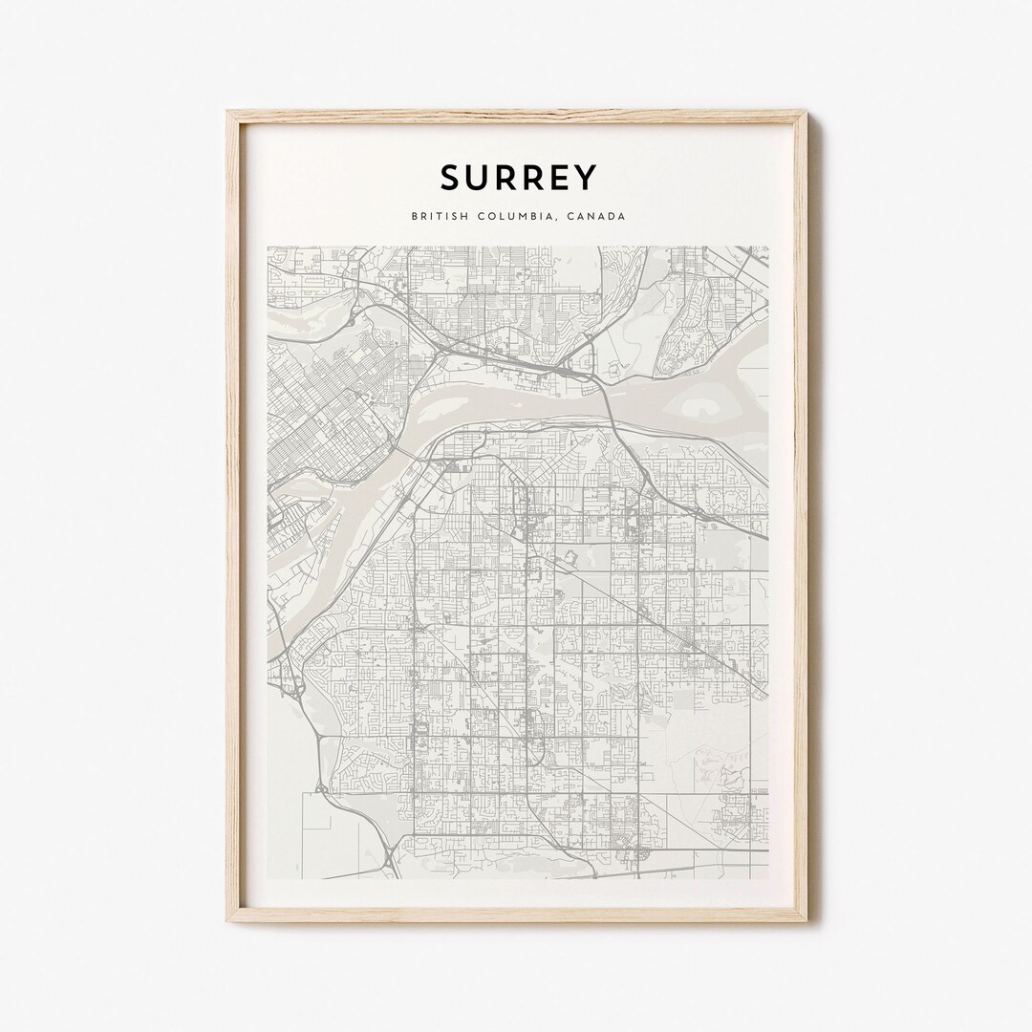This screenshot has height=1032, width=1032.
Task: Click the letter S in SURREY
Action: click(x=450, y=178)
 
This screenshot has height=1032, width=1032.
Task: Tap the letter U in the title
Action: click(x=479, y=178)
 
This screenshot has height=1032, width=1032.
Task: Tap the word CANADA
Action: click(x=596, y=216)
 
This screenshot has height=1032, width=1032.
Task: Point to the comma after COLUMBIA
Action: click(x=558, y=219)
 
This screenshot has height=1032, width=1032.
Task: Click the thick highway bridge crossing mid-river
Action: click(x=609, y=400)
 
